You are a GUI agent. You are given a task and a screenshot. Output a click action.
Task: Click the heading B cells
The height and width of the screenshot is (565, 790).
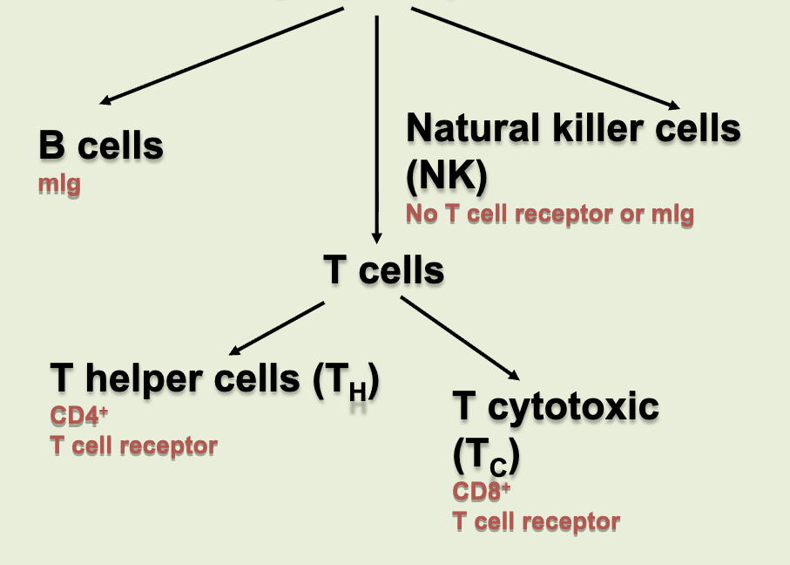click(x=101, y=146)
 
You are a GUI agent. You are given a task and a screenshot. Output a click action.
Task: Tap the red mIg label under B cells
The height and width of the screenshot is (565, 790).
click(x=59, y=185)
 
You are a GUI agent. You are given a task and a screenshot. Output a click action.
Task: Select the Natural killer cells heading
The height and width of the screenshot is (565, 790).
click(x=573, y=129)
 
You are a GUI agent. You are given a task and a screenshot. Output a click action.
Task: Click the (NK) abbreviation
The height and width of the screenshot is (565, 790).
click(x=446, y=177)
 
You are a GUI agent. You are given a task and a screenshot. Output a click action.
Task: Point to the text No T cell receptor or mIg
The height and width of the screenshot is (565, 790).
click(x=550, y=214)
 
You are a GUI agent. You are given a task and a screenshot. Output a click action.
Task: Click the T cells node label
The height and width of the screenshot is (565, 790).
click(x=383, y=270)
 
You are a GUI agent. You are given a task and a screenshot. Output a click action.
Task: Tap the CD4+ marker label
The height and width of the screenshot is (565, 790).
click(x=73, y=415)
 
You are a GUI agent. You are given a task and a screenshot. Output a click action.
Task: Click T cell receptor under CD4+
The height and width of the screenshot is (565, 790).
click(x=133, y=446)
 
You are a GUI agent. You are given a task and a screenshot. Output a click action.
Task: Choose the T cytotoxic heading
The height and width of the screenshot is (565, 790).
click(x=556, y=407)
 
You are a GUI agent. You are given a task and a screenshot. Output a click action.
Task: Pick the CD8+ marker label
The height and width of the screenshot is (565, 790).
click(x=481, y=491)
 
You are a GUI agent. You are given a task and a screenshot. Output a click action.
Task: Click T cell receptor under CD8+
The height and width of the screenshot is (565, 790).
click(x=536, y=522)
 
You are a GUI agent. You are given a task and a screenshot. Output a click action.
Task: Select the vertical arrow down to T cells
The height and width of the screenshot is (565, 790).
click(x=376, y=131)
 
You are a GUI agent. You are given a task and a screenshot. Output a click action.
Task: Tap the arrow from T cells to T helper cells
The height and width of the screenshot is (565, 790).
click(x=277, y=329)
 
